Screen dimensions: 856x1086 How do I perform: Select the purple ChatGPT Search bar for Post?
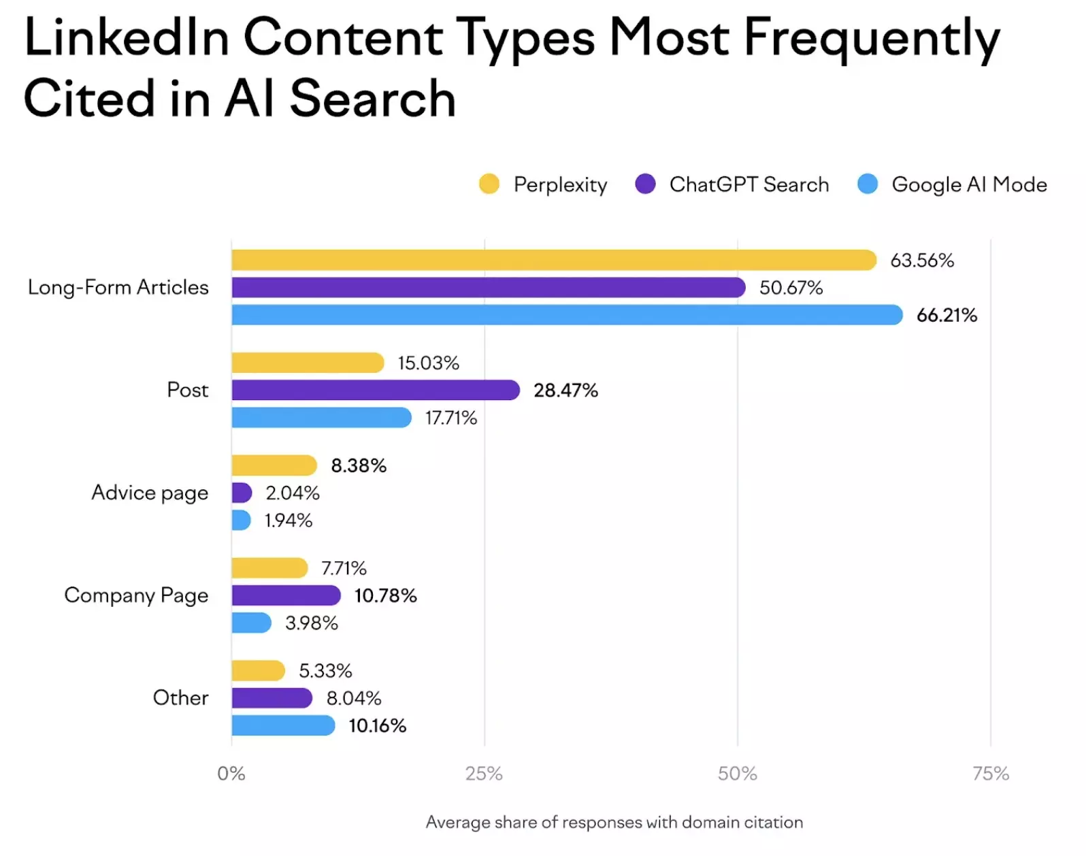[375, 390]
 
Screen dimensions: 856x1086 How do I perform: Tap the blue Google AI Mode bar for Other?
[283, 725]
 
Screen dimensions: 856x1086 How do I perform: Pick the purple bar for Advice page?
[242, 493]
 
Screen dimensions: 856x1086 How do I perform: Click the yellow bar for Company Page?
[269, 567]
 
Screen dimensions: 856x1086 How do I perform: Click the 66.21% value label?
[947, 315]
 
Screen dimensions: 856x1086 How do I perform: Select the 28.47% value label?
[565, 391]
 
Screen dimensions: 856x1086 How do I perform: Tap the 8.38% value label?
[359, 465]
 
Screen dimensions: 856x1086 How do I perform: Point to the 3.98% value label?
[312, 623]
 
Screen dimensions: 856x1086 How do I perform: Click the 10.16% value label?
[378, 725]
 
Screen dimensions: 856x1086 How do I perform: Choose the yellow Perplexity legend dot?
[489, 184]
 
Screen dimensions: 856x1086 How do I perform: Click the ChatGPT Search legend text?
[749, 184]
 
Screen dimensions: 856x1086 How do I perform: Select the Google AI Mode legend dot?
[868, 184]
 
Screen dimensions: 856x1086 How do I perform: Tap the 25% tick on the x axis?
[484, 774]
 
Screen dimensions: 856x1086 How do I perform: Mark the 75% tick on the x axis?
[991, 774]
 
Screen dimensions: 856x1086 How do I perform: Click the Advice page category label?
[150, 493]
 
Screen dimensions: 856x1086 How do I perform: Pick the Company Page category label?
[136, 595]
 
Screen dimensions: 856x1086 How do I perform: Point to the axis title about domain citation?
[614, 822]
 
